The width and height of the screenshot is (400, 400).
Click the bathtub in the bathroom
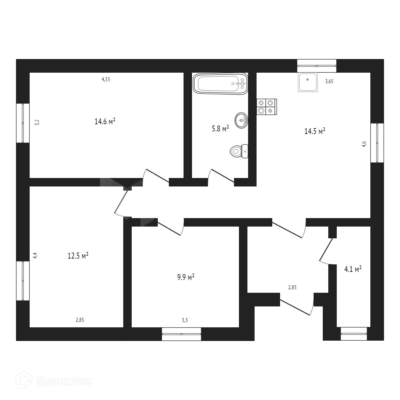[220, 83]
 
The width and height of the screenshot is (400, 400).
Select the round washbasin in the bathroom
[242, 120]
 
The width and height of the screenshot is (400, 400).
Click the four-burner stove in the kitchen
[267, 107]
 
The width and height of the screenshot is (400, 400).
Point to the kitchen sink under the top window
[308, 82]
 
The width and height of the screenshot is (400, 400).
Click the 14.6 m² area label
[105, 122]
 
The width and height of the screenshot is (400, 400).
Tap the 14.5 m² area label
[315, 131]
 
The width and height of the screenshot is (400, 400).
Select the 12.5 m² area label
[78, 256]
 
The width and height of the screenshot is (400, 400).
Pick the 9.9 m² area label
[186, 277]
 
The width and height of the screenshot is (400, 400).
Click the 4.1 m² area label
[353, 269]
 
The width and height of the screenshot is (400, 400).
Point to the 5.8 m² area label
[220, 129]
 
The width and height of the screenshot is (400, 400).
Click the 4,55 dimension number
[106, 79]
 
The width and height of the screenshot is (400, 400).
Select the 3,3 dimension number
[185, 320]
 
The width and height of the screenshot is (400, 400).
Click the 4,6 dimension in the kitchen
[364, 144]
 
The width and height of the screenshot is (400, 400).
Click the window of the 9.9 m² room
[181, 334]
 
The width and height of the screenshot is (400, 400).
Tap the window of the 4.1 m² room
[354, 334]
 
